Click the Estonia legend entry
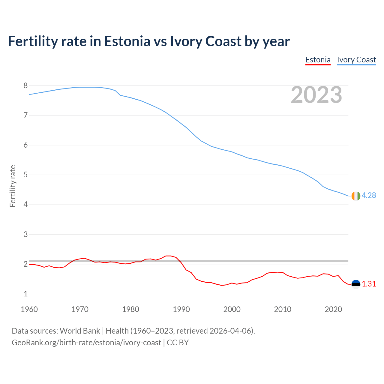click(x=318, y=60)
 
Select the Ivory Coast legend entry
click(x=356, y=60)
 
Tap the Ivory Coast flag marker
click(x=355, y=196)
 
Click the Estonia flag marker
click(x=356, y=284)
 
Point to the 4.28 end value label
click(x=369, y=195)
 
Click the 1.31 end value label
click(x=369, y=284)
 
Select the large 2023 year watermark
click(x=316, y=95)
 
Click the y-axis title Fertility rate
click(x=13, y=186)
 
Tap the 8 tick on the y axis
click(x=25, y=86)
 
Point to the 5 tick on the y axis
click(x=25, y=175)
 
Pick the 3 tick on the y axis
click(x=25, y=234)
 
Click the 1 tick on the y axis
click(x=25, y=294)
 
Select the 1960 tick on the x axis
click(x=29, y=309)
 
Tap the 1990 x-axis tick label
click(x=181, y=309)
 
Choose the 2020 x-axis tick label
click(x=333, y=309)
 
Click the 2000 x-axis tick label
click(x=232, y=309)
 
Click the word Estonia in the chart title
click(x=127, y=41)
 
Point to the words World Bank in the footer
click(x=80, y=331)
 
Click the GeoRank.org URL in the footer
click(x=86, y=343)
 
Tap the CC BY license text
click(x=178, y=343)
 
